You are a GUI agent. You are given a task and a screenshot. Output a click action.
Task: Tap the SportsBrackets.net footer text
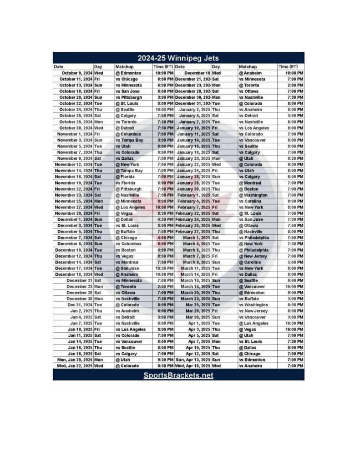pos(178,375)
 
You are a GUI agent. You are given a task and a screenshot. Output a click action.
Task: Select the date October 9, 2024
pos(77,73)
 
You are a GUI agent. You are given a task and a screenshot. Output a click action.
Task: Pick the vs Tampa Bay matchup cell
pos(129,140)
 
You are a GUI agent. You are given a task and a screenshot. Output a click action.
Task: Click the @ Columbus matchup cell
pos(128,134)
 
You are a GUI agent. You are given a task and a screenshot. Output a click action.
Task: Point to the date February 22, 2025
pos(193,213)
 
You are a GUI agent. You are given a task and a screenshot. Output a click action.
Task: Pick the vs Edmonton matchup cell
pos(251,360)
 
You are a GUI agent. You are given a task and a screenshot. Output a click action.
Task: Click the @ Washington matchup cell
pos(253,195)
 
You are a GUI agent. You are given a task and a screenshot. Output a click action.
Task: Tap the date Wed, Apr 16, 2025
pos(193,366)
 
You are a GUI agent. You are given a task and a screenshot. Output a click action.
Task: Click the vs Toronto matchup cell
pos(126,122)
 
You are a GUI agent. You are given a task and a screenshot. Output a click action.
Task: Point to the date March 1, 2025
pos(197,238)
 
